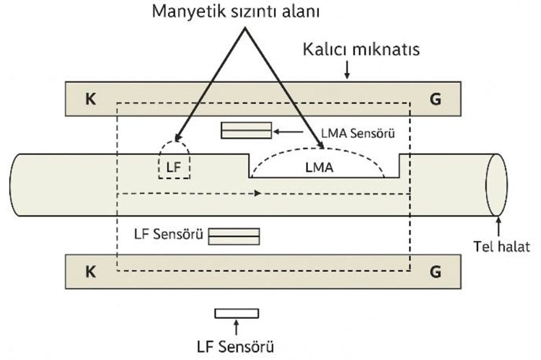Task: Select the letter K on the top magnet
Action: (x=90, y=99)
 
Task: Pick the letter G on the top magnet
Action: (x=435, y=99)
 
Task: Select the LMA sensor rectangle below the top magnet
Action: (x=247, y=130)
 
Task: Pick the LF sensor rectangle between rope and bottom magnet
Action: (x=234, y=236)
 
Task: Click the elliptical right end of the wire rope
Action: (x=496, y=184)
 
